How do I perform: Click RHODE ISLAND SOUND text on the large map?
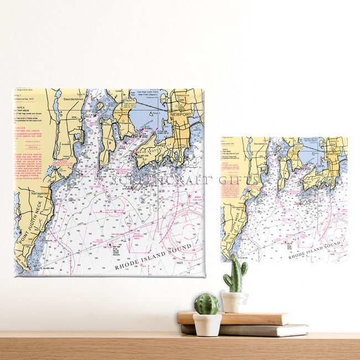[153, 256]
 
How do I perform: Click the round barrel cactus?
[207, 304]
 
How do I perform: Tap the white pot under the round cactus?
[207, 325]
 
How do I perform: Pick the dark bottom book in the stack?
[249, 330]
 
